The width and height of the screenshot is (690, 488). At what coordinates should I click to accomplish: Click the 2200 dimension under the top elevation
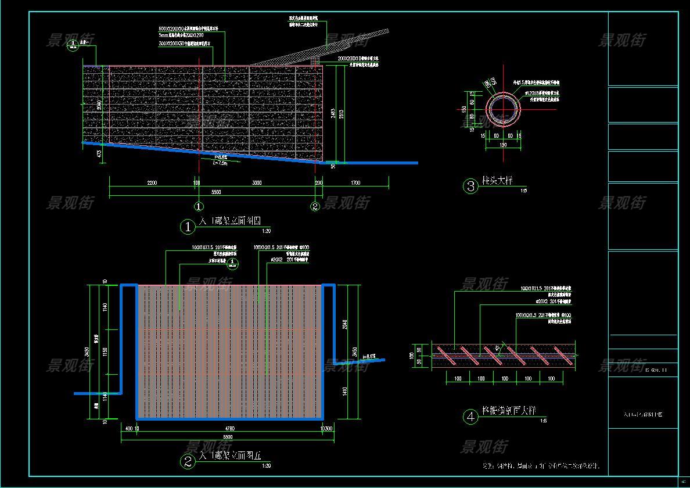click(x=152, y=183)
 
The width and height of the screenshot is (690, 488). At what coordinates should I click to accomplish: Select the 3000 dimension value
click(x=256, y=183)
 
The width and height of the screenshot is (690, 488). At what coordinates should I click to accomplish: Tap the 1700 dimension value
click(x=355, y=183)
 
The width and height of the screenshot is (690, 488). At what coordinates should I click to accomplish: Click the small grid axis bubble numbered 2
click(x=315, y=206)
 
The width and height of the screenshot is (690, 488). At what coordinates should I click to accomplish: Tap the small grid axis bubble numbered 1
click(x=199, y=206)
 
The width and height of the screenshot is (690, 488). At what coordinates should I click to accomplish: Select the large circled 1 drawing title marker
click(x=188, y=227)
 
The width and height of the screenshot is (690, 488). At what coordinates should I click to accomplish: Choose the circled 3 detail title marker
click(x=470, y=186)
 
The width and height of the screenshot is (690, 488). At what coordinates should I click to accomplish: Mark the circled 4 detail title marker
click(x=470, y=417)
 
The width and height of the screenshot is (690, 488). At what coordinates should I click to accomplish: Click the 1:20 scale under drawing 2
click(x=267, y=466)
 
